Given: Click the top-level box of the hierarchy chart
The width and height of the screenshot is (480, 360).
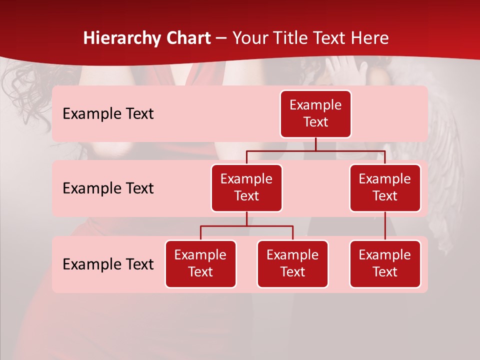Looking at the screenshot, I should (315, 113).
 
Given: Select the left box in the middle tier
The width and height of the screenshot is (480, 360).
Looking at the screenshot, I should (246, 187).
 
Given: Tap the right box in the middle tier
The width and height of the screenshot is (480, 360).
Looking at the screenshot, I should (385, 187).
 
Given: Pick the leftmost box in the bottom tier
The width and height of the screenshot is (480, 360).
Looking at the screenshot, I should (200, 263).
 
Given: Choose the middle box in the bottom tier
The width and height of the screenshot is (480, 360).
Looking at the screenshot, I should (292, 263).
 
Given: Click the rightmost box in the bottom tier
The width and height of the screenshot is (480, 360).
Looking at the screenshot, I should (385, 263).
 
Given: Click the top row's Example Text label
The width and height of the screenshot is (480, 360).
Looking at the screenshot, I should (108, 113).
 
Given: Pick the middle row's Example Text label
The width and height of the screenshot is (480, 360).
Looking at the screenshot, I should (108, 188).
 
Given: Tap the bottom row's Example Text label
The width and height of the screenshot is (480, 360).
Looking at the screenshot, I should (108, 264).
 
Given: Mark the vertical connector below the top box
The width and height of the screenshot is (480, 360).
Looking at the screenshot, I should (315, 144).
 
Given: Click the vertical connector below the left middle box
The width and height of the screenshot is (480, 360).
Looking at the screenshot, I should (246, 218).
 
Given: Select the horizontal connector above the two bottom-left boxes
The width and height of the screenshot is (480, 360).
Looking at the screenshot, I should (246, 226).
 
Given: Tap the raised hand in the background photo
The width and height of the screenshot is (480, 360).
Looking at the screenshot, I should (345, 67).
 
